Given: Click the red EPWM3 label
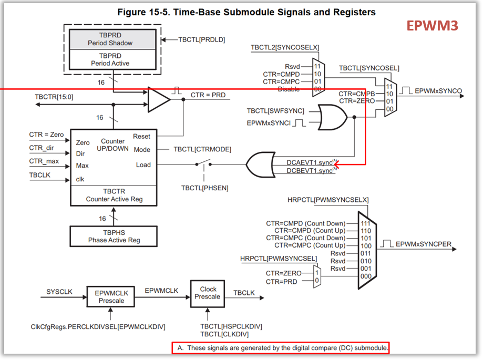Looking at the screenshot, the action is tap(432, 26).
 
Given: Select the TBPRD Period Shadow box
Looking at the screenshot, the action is tap(113, 39).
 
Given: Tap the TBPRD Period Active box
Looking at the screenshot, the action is tap(113, 59).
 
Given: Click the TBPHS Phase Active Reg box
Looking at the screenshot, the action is tap(114, 236).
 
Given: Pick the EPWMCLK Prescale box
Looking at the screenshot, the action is tap(111, 296).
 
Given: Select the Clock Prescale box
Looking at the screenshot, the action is tap(208, 293).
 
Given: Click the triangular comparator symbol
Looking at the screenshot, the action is tap(159, 99).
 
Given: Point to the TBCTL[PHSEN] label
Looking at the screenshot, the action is tap(205, 188).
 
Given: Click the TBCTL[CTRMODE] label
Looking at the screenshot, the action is tap(202, 149).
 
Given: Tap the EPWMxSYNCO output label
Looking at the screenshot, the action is tap(438, 91).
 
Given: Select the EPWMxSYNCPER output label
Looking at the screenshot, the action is tap(424, 244).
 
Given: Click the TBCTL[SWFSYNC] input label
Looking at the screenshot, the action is tap(275, 111).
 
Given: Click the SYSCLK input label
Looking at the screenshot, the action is tap(59, 292).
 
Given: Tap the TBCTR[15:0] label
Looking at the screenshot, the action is tap(54, 97).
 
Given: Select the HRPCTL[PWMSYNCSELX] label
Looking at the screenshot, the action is tap(328, 200).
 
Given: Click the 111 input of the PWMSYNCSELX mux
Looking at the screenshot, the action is tap(366, 223).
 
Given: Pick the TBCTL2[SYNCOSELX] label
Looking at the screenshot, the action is tap(285, 47).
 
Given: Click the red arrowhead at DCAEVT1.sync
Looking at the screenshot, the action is tap(336, 164).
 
